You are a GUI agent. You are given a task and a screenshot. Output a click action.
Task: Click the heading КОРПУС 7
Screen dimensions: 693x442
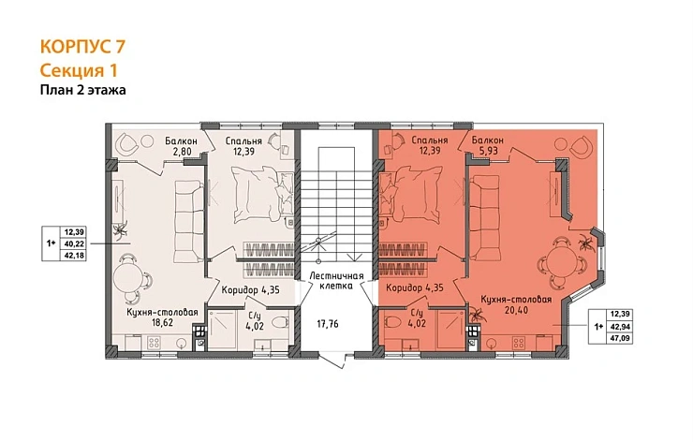click(x=82, y=47)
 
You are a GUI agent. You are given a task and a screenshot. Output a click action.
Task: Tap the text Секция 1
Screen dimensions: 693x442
click(x=79, y=70)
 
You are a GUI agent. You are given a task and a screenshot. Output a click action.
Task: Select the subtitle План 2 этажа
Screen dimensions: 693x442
click(x=83, y=90)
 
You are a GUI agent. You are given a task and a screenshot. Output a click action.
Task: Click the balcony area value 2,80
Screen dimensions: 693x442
click(x=181, y=151)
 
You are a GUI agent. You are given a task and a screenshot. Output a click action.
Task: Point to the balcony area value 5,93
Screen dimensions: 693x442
click(x=488, y=150)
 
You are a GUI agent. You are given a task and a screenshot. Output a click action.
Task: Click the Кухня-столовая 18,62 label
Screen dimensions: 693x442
click(x=162, y=317)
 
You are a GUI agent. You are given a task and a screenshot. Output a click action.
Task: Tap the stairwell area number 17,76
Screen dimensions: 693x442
click(x=328, y=324)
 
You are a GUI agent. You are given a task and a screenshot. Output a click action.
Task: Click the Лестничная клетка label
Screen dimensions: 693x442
click(x=336, y=281)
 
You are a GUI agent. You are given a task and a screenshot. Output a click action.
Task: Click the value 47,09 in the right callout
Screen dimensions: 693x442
click(x=620, y=338)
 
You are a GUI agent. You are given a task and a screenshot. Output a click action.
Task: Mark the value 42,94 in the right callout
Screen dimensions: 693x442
click(x=620, y=327)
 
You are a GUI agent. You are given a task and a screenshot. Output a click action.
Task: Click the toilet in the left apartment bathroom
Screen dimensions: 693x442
click(x=279, y=322)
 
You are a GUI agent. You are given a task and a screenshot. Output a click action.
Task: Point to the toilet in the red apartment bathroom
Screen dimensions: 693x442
click(x=392, y=322)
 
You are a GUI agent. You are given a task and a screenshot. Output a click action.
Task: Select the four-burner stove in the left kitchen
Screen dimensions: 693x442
click(x=155, y=342)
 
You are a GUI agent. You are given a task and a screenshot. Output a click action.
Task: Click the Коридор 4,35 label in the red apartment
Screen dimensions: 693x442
click(x=415, y=288)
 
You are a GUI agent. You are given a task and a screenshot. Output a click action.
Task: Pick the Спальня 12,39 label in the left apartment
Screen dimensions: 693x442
click(x=243, y=146)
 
